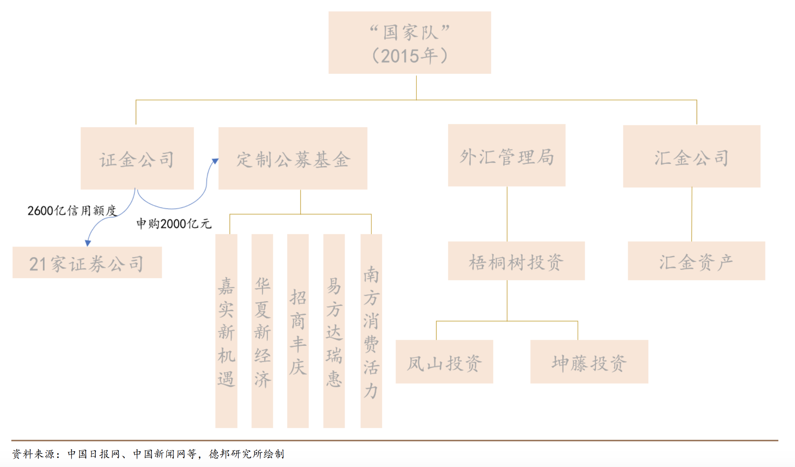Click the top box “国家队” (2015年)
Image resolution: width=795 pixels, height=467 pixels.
point(410,42)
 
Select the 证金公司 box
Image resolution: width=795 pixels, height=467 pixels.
point(137,158)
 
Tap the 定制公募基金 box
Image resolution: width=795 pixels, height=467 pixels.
point(293,158)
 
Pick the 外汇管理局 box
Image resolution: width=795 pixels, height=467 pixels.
point(507,155)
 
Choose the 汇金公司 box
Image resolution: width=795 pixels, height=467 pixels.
point(692,156)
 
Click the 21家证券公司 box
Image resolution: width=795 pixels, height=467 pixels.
point(87,262)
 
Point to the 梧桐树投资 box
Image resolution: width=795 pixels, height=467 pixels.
point(516,261)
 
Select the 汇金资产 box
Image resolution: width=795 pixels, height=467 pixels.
point(696,261)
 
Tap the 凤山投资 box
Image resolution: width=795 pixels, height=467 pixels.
point(444,362)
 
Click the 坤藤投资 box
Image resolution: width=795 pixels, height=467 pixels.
point(589,362)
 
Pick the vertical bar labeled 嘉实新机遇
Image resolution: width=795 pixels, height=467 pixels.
point(226,331)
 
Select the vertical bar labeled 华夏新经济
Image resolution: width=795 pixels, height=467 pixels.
point(262,331)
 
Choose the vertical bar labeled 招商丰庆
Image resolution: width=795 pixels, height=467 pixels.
point(298,331)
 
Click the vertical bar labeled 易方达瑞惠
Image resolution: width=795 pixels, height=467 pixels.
point(334,331)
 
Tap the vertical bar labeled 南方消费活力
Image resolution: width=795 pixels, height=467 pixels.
point(371,331)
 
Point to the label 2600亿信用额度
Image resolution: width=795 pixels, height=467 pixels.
point(72,210)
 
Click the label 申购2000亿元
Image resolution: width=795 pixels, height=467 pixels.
point(174,224)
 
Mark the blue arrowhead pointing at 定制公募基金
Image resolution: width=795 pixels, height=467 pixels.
point(215,161)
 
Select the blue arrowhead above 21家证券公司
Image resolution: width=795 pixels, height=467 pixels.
point(88,243)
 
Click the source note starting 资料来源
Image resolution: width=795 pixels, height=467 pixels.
point(148,454)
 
